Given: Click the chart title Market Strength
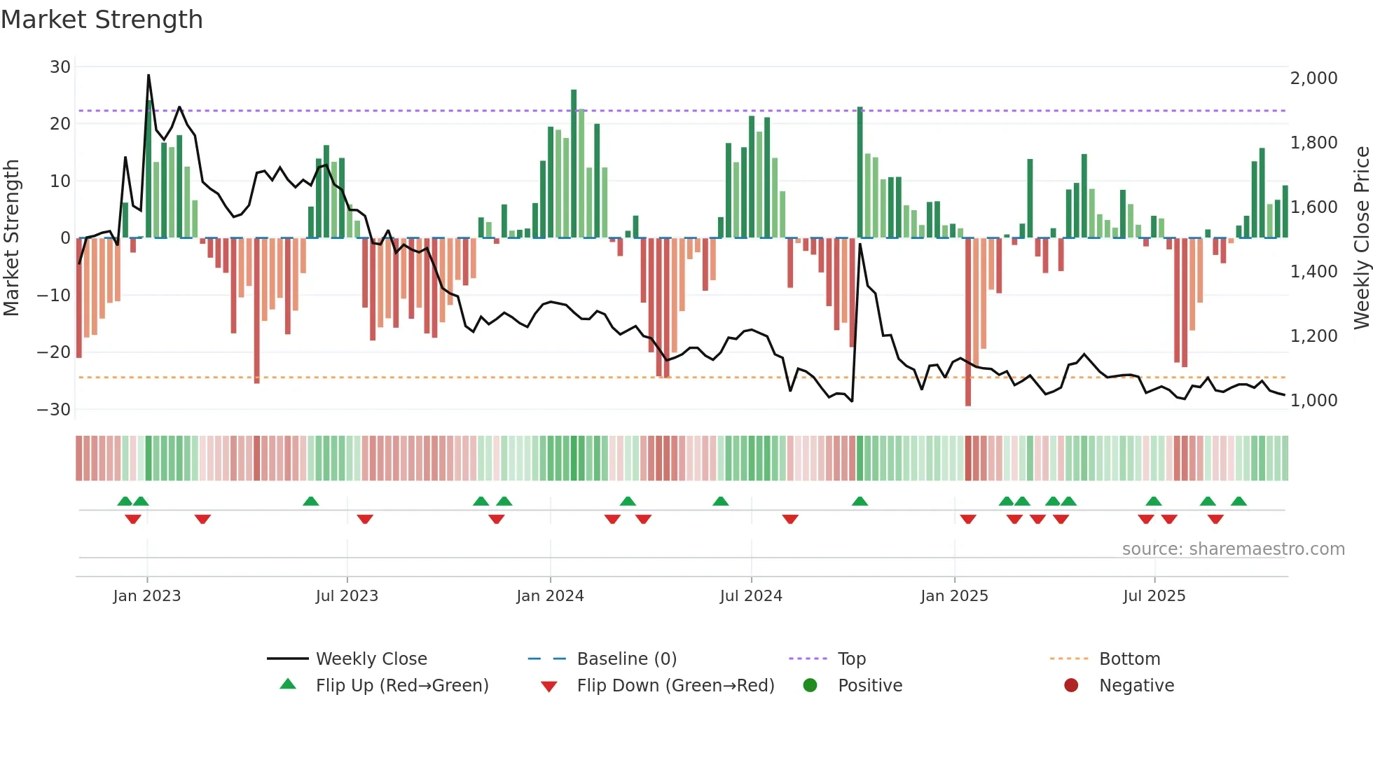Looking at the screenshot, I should point(102,20).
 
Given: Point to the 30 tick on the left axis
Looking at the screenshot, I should point(60,67).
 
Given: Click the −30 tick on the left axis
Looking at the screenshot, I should point(55,410).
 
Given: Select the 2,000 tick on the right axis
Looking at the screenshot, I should point(1313,78).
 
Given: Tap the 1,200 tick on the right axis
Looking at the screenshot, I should point(1313,336).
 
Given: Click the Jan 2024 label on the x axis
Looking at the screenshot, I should point(550,596).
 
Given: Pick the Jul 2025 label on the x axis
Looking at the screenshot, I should point(1154,596).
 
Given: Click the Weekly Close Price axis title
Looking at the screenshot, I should point(1361,238).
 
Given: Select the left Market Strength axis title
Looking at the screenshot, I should point(12,238).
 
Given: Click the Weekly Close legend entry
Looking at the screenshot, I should point(371,659).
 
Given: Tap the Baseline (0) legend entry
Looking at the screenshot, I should point(626,659).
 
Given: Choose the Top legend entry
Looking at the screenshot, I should point(851,659).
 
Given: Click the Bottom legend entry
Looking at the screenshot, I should point(1129,659).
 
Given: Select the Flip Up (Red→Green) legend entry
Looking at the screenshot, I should point(401,686).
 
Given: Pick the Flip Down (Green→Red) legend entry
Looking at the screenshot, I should point(675,686).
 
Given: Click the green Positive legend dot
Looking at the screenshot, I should point(810,686).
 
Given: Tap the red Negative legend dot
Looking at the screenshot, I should point(1071,686).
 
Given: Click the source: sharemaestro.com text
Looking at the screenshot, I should point(1233,549).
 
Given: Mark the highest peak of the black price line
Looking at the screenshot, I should point(149,75).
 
